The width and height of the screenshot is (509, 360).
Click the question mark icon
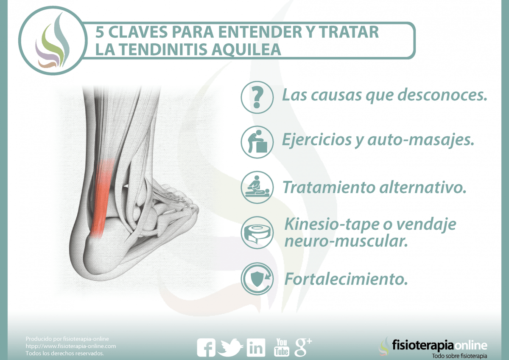[257, 97]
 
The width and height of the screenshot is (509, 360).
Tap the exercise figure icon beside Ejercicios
[257, 142]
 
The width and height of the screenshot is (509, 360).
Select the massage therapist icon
[257, 187]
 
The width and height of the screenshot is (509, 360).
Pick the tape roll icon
[257, 232]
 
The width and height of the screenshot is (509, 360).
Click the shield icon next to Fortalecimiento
[257, 279]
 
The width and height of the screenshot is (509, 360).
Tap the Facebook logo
[206, 347]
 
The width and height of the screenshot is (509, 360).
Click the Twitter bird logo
[230, 347]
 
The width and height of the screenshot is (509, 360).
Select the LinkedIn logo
[256, 347]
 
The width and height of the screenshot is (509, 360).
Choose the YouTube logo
[282, 347]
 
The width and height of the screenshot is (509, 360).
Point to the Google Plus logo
[303, 347]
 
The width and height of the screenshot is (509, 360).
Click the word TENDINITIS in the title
[164, 49]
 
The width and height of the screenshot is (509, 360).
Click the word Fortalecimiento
[346, 279]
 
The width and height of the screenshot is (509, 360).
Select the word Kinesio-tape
[332, 224]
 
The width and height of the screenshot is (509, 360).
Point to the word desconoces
[442, 95]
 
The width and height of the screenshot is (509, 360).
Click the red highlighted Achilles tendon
[102, 198]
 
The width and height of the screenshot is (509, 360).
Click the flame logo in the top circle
[53, 40]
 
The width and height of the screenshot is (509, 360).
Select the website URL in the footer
[71, 346]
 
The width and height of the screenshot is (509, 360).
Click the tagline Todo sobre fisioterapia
[459, 355]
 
